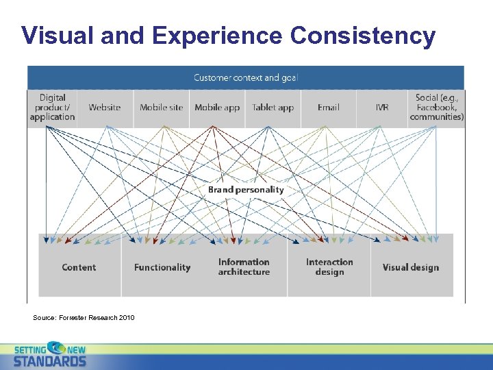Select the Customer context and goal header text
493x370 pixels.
point(246,77)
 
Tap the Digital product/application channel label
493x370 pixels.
point(52,108)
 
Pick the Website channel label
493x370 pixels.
point(105,108)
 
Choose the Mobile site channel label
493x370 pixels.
point(162,108)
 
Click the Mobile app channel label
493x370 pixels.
point(217,108)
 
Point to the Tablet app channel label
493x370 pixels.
point(273,108)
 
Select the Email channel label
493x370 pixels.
point(328,108)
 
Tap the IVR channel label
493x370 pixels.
point(381,108)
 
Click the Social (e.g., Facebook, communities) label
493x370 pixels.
point(436,108)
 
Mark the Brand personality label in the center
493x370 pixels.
point(246,189)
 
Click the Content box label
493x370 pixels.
point(79,267)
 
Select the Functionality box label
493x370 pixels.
point(162,267)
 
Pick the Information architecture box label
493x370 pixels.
point(244,267)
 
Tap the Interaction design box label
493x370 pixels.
point(329,267)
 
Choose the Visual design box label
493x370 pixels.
point(411,267)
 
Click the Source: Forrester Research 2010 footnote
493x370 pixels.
point(84,317)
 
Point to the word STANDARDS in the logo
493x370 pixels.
point(50,361)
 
